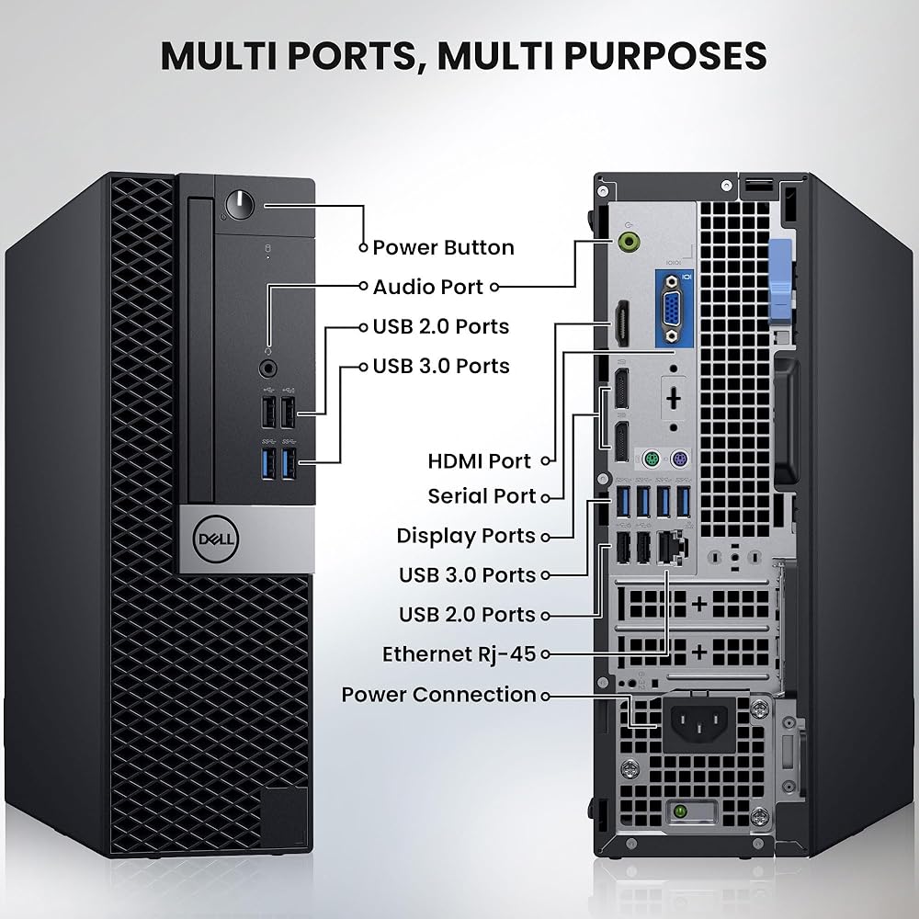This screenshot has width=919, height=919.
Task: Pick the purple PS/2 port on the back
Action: coord(680,459)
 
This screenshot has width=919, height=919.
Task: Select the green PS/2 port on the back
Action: coord(650,459)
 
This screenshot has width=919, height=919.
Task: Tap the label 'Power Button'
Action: coord(443,247)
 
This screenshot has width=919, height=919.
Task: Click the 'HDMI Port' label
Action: coord(479,460)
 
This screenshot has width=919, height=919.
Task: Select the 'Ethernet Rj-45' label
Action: coord(459,654)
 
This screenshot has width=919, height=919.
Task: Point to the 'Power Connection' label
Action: coord(438,695)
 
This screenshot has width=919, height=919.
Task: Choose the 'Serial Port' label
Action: coord(482,496)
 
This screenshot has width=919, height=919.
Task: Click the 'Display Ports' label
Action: coord(466,536)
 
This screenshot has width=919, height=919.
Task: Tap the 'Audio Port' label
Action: coord(427,287)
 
